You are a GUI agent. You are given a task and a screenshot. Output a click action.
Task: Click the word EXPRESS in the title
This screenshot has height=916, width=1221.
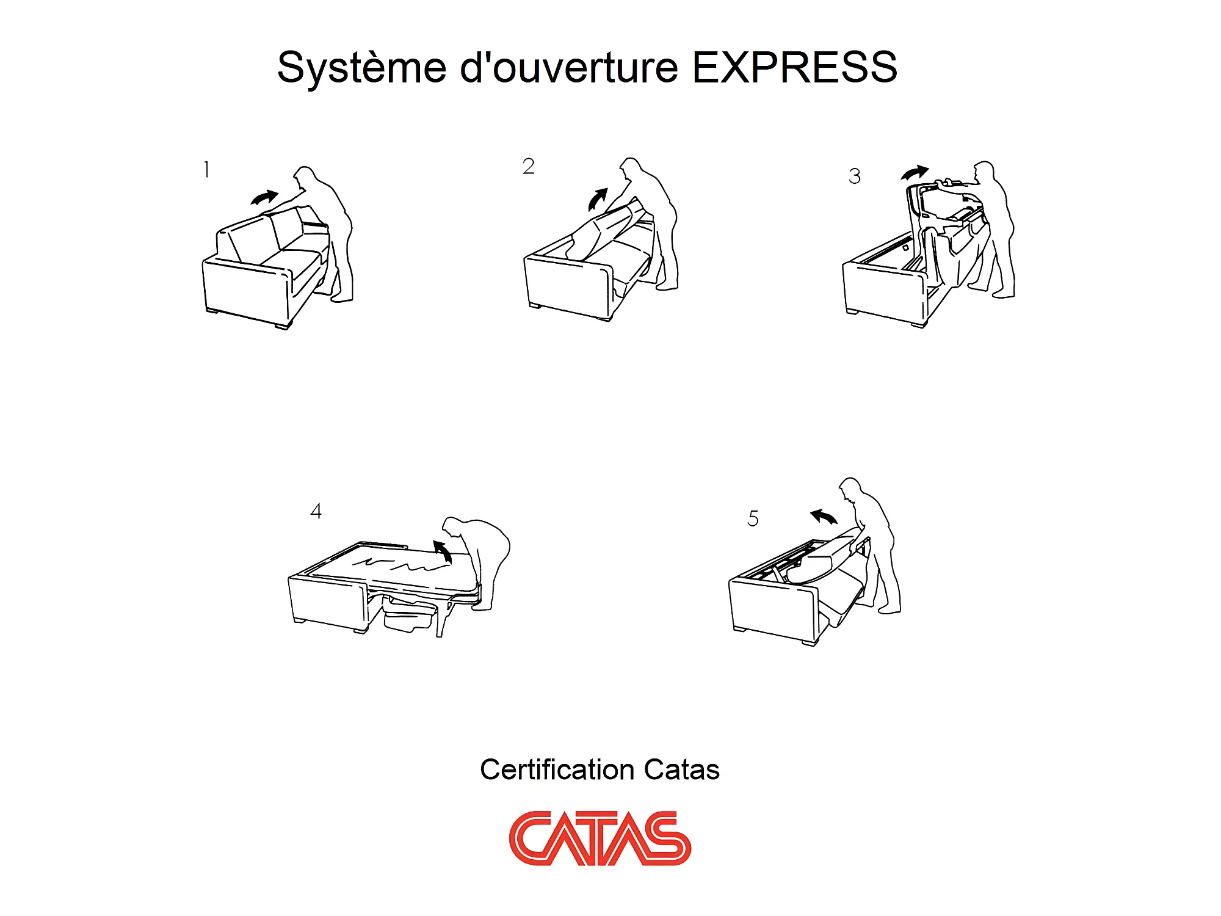(x=795, y=67)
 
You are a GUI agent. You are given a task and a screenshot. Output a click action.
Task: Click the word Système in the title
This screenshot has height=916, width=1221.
(x=362, y=67)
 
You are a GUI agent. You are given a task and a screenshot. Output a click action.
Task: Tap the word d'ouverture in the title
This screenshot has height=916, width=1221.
(x=569, y=67)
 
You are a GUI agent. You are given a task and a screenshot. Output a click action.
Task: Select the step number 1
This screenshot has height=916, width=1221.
(x=207, y=169)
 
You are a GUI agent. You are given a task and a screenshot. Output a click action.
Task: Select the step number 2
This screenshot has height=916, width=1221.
(x=529, y=166)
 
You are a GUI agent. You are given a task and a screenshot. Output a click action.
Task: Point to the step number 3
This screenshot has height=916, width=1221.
(x=855, y=176)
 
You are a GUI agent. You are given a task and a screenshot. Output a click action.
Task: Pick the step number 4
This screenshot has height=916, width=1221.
(x=316, y=511)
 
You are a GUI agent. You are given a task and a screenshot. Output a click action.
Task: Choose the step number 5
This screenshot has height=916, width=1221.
(x=753, y=518)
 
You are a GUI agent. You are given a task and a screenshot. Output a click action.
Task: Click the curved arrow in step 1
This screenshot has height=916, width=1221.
(x=265, y=197)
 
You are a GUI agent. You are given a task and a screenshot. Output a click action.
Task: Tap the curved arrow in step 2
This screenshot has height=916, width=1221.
(x=597, y=199)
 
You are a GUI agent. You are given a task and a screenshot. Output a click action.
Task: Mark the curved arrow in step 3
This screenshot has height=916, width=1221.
(x=915, y=173)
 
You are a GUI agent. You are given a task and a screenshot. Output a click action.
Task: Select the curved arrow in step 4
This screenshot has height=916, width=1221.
(x=443, y=551)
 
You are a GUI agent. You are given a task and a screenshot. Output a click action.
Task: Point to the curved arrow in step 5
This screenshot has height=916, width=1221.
(x=824, y=517)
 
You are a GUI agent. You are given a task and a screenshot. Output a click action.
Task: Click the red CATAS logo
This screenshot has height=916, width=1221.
(x=600, y=838)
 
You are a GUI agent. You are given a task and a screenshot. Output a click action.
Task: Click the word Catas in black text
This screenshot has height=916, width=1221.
(x=682, y=769)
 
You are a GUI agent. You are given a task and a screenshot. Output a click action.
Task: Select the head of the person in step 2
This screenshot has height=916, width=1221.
(x=631, y=169)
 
